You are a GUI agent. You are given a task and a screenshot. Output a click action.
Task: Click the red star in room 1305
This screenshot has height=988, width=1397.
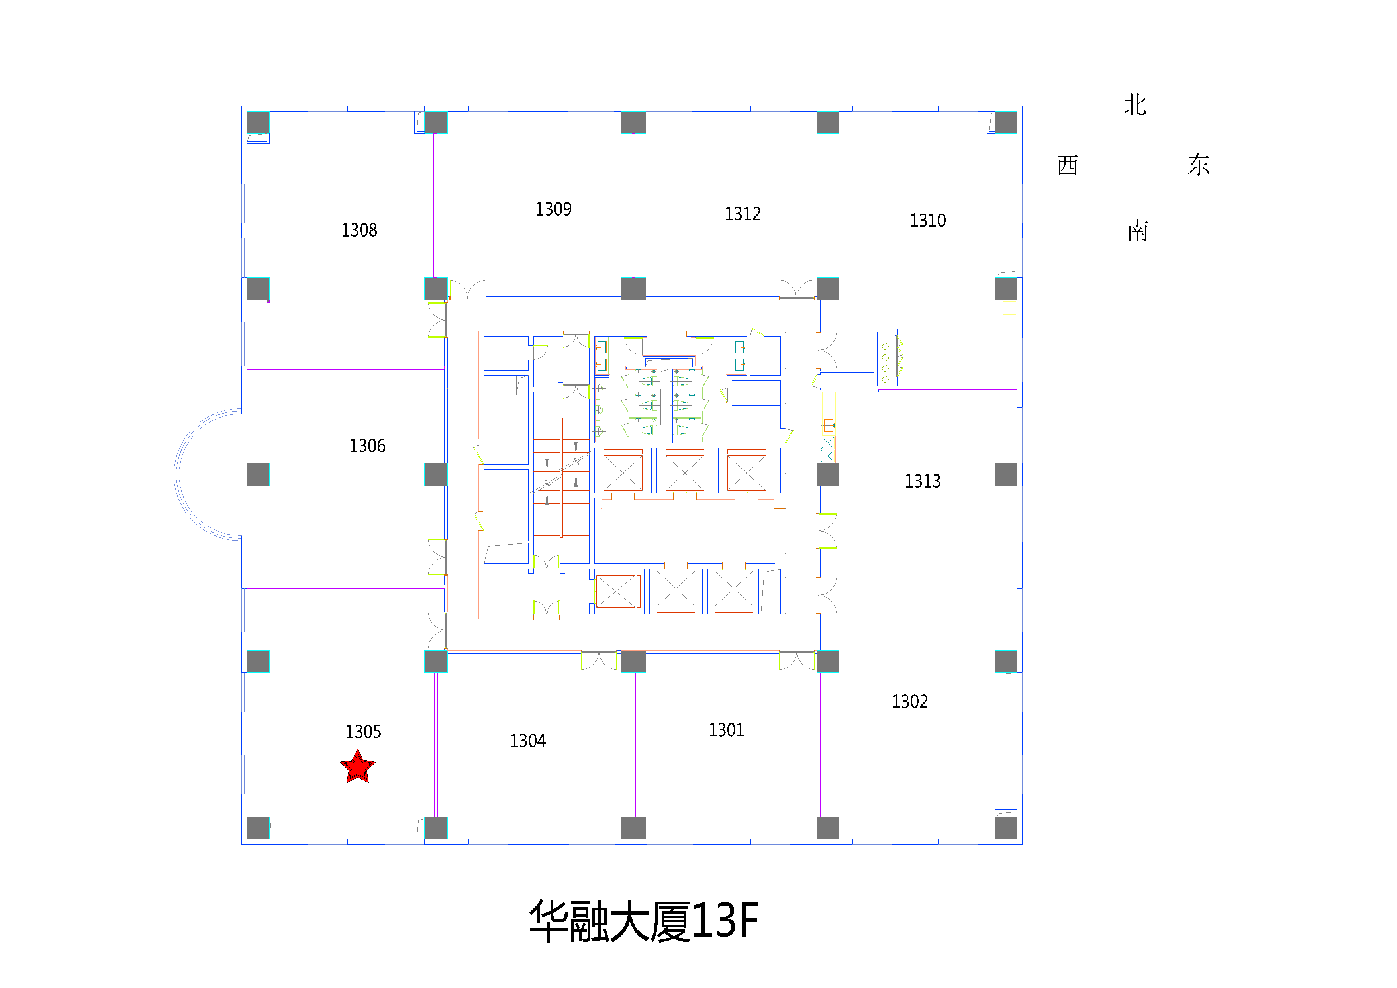[358, 767]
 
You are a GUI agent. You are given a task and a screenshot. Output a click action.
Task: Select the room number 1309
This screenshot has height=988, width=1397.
[553, 209]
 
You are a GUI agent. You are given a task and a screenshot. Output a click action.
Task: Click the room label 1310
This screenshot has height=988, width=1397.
[927, 221]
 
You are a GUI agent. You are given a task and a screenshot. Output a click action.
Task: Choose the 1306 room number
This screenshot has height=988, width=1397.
[367, 446]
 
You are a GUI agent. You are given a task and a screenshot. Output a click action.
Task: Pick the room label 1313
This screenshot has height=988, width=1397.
[923, 482]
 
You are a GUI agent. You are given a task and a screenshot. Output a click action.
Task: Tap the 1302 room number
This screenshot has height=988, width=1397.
[910, 702]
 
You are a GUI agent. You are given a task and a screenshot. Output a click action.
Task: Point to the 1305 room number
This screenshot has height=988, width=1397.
[363, 732]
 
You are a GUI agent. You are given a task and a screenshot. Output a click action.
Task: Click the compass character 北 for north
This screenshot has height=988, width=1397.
[1135, 105]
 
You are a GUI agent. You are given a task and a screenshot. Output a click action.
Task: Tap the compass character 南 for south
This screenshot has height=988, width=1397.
[1137, 231]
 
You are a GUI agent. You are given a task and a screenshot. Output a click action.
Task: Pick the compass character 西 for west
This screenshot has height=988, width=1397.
[1068, 165]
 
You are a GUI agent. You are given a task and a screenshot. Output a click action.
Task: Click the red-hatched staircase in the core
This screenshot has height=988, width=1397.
[561, 478]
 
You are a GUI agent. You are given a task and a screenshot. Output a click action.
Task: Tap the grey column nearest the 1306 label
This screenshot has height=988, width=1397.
[436, 474]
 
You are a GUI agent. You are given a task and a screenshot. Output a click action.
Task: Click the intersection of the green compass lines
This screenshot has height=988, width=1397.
[1135, 164]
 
